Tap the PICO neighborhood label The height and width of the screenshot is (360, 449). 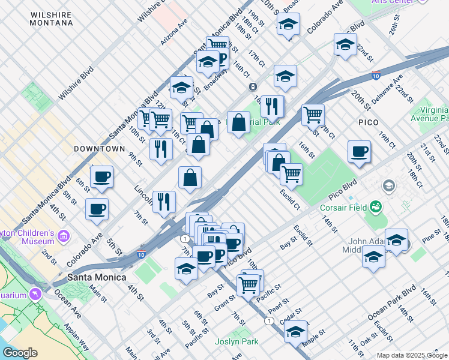[369, 122]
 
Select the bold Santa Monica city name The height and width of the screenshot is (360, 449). [97, 278]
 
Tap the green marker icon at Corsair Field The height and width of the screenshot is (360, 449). [376, 208]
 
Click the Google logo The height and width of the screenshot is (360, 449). [20, 352]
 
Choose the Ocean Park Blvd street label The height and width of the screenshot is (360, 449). [392, 301]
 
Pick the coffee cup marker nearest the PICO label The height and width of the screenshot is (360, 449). [360, 152]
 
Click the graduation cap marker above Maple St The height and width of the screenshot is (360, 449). [295, 331]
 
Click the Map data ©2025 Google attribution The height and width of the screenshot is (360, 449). [412, 355]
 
